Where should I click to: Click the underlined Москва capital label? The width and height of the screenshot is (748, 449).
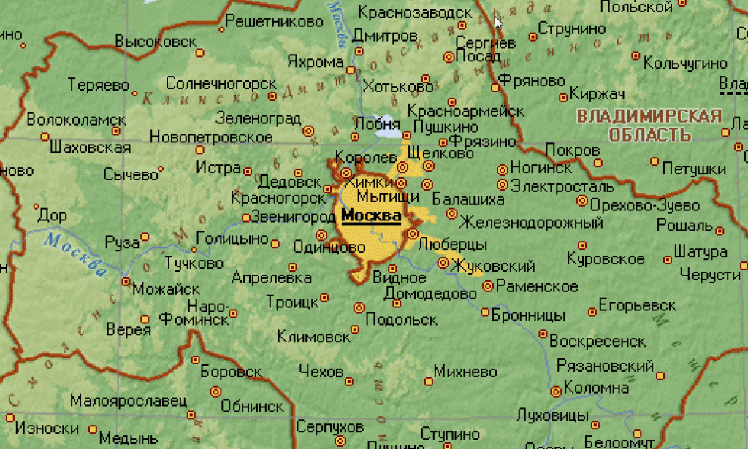[x=371, y=216]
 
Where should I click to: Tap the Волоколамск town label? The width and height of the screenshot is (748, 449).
[x=76, y=120]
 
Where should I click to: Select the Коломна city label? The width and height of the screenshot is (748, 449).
[x=595, y=388]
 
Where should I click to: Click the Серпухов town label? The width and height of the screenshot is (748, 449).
[x=330, y=426]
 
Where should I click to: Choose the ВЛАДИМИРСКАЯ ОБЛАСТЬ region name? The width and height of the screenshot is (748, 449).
[x=649, y=126]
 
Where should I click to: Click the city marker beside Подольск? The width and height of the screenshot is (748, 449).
[x=358, y=307]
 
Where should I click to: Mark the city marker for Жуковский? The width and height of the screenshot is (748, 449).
[x=443, y=263]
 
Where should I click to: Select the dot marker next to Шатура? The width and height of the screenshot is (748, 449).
[x=667, y=258]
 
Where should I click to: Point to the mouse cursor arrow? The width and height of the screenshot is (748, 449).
[x=498, y=21]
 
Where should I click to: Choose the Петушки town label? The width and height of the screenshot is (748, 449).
[x=689, y=169]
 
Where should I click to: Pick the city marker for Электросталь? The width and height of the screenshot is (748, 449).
[x=502, y=185]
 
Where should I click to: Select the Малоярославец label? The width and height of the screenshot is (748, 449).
[x=129, y=401]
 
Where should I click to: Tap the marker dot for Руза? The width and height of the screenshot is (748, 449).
[x=145, y=237]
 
